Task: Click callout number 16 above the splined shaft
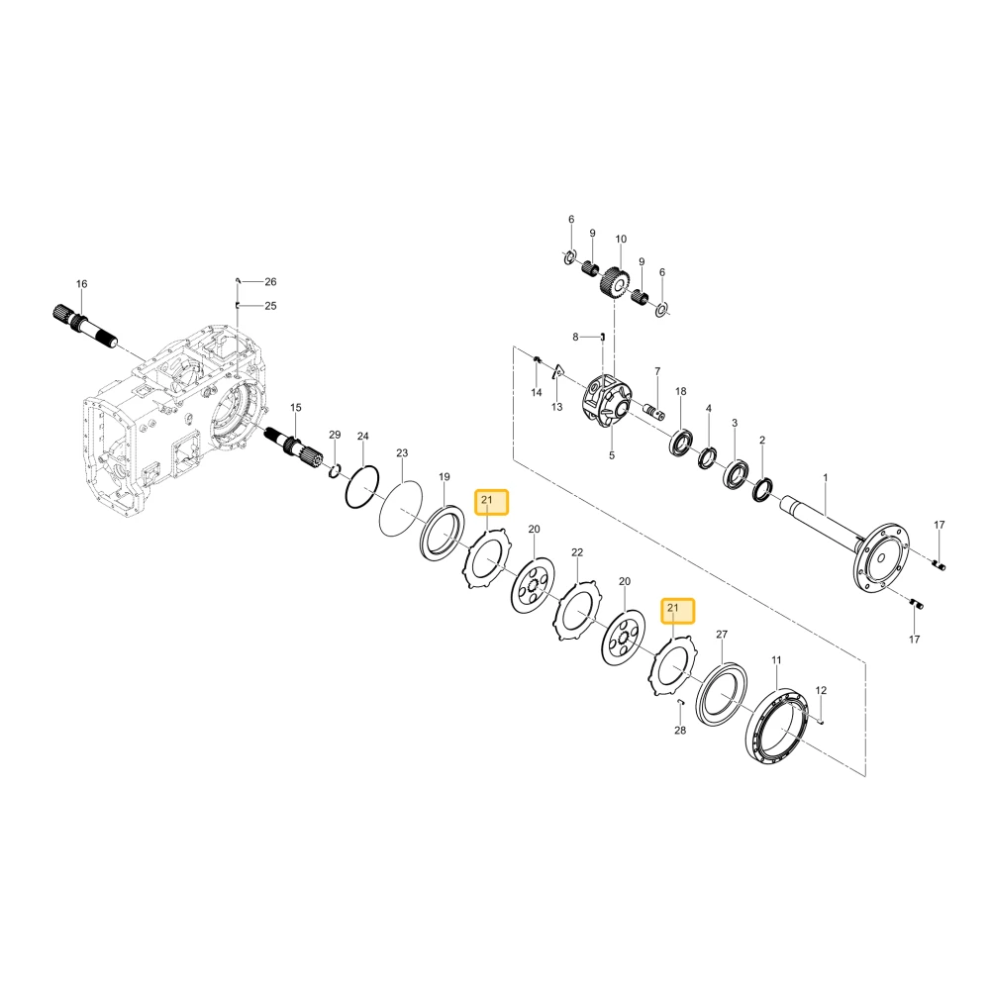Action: tap(81, 284)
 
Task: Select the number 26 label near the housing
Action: tap(270, 281)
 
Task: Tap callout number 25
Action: tap(270, 306)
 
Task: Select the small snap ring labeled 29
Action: tap(336, 470)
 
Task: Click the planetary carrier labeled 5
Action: tap(606, 403)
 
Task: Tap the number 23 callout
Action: tap(402, 452)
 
